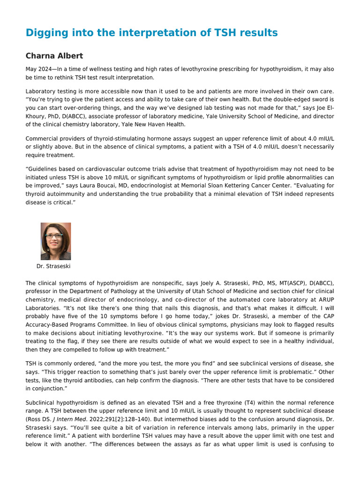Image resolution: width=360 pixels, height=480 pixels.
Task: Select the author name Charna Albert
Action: pos(54,56)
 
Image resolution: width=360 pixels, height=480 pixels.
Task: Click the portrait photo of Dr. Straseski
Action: pos(56,241)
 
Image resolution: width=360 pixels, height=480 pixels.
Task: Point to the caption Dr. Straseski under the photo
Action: pos(53,266)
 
